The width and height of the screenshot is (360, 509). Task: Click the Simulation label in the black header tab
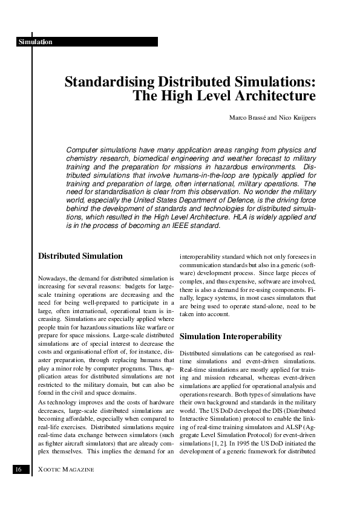point(35,42)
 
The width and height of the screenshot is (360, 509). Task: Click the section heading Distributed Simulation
point(80,256)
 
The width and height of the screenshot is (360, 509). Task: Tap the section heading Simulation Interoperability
point(231,336)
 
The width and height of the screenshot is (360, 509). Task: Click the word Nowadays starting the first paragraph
point(53,278)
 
